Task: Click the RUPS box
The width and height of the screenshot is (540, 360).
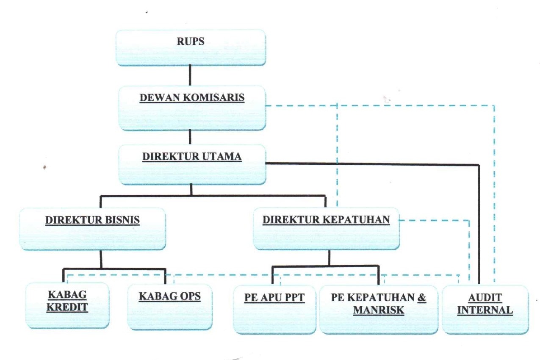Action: click(x=190, y=47)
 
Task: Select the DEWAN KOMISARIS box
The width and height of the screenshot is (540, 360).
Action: click(x=192, y=108)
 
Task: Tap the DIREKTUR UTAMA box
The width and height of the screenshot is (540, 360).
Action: click(x=192, y=164)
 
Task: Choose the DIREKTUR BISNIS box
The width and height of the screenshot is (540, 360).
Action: click(x=92, y=229)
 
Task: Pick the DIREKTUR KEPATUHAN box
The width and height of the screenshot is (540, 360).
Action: click(x=326, y=228)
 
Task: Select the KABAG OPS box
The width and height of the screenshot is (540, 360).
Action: click(x=169, y=307)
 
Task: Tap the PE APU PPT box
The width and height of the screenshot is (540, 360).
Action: click(x=275, y=309)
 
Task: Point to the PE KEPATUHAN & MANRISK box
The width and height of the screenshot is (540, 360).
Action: click(x=379, y=309)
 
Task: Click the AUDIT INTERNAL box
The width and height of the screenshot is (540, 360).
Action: click(x=485, y=309)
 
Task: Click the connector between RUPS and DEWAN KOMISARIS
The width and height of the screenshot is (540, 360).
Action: click(x=190, y=76)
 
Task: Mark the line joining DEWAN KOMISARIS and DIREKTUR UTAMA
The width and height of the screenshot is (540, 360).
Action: click(x=190, y=137)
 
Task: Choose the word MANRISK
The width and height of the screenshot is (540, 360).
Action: click(x=379, y=310)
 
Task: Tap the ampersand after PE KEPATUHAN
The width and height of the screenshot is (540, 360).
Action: click(x=422, y=297)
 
